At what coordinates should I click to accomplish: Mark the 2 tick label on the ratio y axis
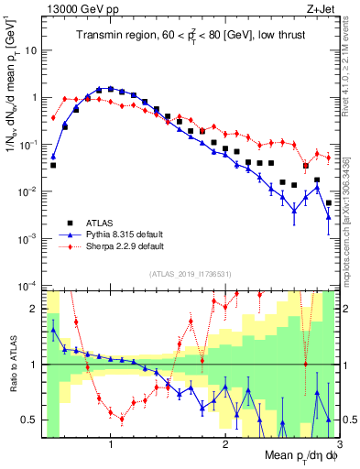click(37, 309)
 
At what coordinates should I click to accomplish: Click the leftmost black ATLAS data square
click(53, 166)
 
